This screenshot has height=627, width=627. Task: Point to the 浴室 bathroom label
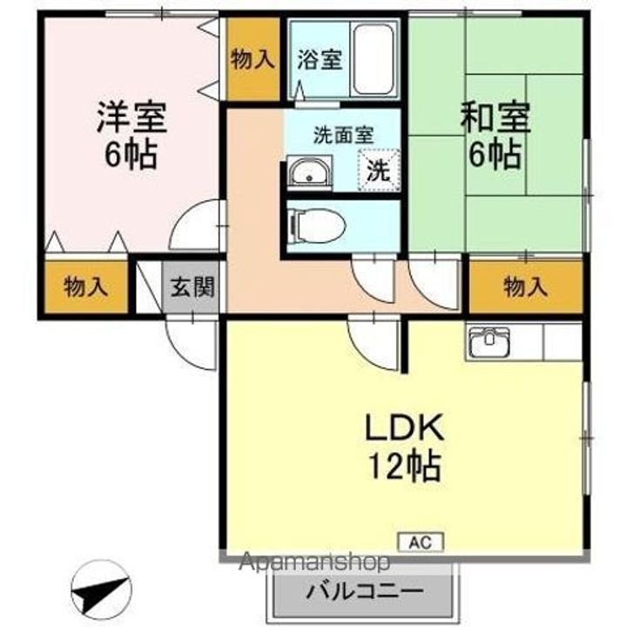pos(320,60)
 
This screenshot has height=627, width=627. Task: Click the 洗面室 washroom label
pos(343,135)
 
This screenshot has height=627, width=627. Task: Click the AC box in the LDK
pos(421,541)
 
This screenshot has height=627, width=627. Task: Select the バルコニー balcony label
pos(364,591)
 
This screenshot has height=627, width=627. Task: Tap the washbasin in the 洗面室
pos(309,173)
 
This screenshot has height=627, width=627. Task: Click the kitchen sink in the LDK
pos(490,342)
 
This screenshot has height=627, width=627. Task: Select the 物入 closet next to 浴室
pos(253,60)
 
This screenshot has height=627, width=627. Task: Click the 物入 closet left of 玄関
pos(85,287)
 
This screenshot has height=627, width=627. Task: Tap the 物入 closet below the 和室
pos(526,286)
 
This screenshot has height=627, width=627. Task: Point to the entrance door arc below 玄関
pos(191,341)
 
